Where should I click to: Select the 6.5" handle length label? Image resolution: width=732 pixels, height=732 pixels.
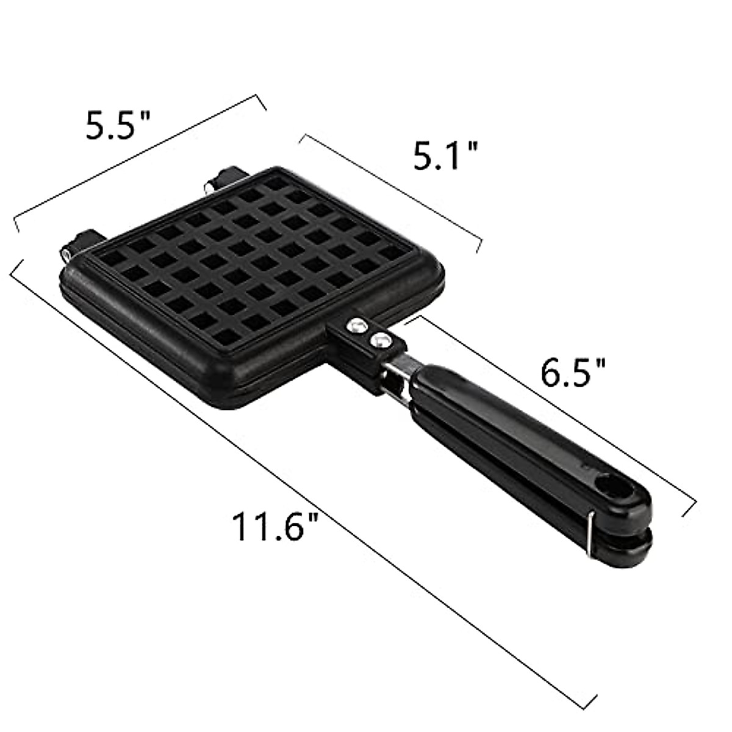573,372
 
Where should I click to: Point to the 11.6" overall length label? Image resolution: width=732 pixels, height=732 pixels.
268,526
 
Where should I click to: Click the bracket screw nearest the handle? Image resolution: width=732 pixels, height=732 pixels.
381,339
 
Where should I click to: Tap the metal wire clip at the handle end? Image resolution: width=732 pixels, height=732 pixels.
590,533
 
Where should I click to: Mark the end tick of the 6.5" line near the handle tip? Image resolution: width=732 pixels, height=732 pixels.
689,508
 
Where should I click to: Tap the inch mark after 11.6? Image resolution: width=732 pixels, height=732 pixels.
313,517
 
